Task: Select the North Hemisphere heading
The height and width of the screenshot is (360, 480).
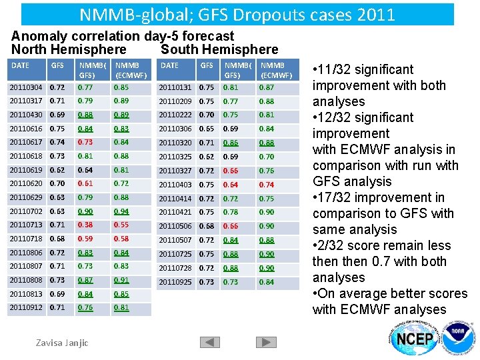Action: coord(69,49)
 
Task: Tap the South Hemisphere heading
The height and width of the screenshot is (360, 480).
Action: coord(220,49)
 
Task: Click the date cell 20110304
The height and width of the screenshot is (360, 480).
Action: coord(27,87)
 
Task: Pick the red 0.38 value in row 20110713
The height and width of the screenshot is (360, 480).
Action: coord(85,225)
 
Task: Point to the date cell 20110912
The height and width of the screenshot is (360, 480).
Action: coord(27,308)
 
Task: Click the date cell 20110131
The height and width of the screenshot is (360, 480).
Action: coord(176,87)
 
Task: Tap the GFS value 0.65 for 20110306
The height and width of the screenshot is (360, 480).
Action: coord(207,129)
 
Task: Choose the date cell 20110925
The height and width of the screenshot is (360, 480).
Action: coord(176,282)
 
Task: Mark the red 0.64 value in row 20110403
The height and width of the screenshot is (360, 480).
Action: coord(230,185)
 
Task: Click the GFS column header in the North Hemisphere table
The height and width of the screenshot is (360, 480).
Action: coord(58,65)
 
